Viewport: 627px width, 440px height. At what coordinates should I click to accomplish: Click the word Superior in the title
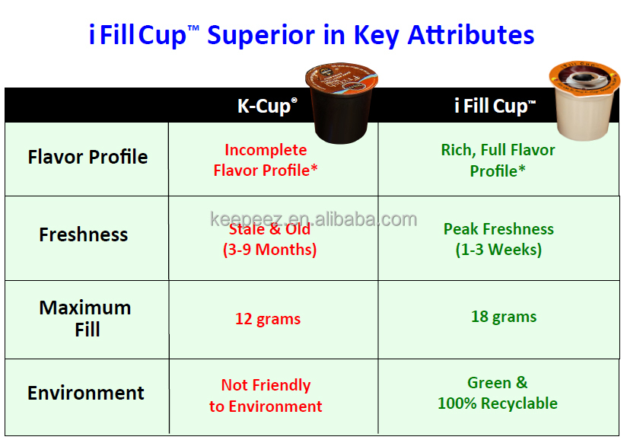[261, 36]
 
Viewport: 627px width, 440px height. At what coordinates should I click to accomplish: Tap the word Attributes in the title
[471, 35]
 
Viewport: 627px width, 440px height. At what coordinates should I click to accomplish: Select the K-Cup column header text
[267, 107]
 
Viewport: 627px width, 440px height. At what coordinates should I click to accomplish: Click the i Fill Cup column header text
[495, 107]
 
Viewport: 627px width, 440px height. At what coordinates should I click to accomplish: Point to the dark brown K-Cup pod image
[341, 103]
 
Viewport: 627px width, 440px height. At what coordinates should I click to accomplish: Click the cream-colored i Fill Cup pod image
[584, 100]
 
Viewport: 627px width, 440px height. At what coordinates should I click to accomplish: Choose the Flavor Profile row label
[88, 157]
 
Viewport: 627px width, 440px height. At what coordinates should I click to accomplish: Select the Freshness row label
[83, 234]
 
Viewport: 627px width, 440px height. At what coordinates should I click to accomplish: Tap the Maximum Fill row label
[85, 318]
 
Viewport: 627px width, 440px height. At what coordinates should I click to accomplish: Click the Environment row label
[85, 393]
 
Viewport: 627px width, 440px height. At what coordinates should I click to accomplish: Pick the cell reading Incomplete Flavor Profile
[266, 160]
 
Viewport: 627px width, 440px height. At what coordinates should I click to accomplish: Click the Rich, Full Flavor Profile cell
[498, 161]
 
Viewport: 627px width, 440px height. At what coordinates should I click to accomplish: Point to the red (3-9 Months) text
[269, 250]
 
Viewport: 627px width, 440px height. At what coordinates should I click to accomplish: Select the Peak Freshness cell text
[498, 239]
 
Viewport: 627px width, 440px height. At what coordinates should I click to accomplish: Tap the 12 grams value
[268, 319]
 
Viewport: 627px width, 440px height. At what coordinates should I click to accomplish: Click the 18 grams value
[504, 317]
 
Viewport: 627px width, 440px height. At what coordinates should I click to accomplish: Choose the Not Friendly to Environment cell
[266, 396]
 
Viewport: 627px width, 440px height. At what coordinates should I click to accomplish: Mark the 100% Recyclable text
[498, 403]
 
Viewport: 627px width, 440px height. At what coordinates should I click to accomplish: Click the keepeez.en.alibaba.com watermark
[313, 219]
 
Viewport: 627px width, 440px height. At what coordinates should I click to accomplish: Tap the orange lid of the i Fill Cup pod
[584, 78]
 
